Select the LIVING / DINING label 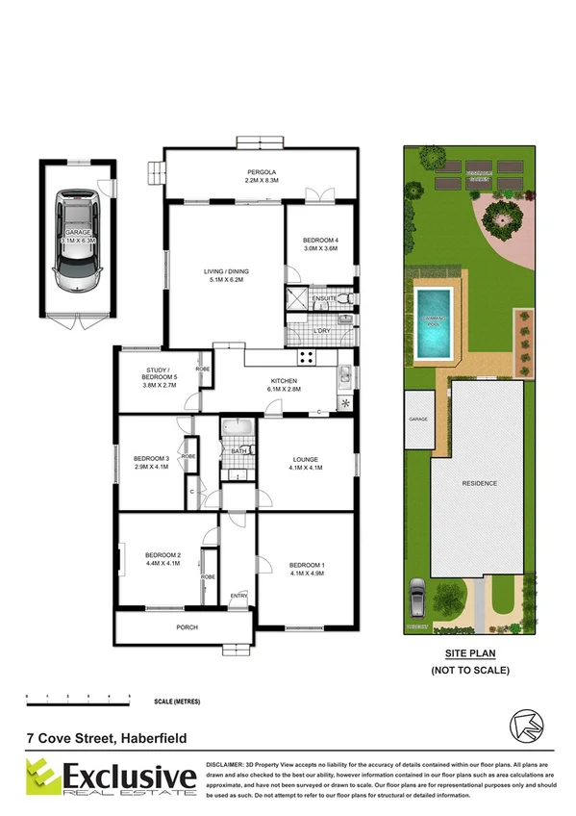click(227, 275)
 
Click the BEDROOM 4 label click(319, 243)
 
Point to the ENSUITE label click(325, 299)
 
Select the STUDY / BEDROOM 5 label click(157, 374)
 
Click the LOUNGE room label click(305, 463)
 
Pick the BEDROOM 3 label click(151, 462)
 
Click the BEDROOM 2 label click(163, 559)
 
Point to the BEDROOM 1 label click(307, 568)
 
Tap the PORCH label click(188, 628)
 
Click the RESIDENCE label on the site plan click(479, 483)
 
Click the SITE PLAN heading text click(469, 652)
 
